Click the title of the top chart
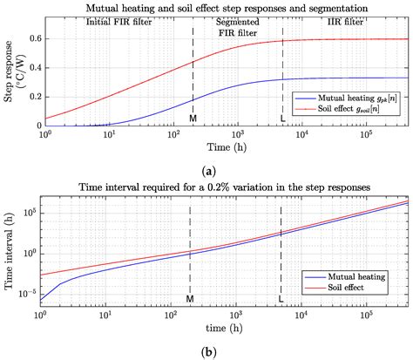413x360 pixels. point(226,7)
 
